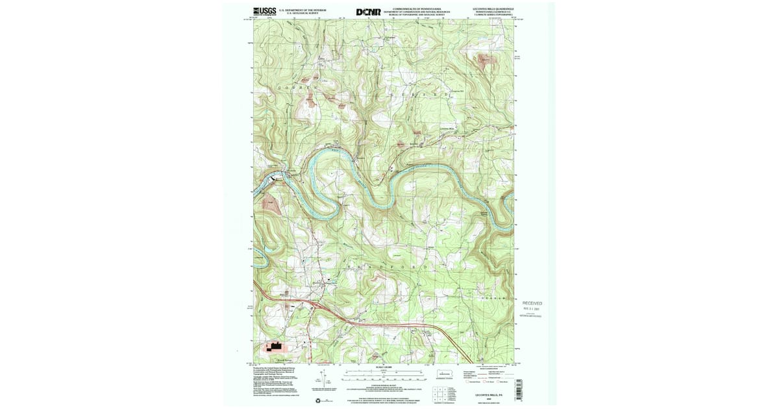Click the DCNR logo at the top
[x=368, y=12]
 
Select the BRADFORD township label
[x=389, y=267]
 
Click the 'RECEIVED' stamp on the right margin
[x=532, y=303]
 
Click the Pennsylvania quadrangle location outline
[x=445, y=374]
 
